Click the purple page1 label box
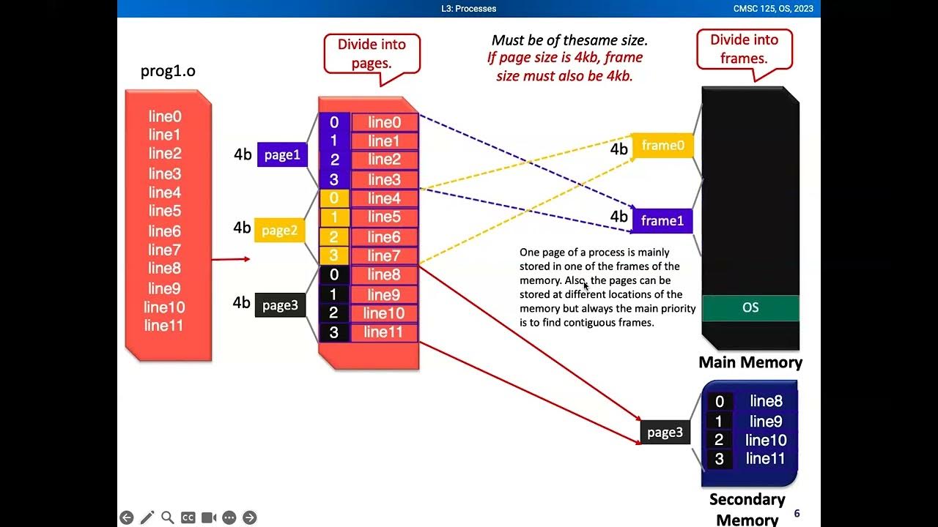click(282, 154)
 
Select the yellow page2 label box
click(279, 231)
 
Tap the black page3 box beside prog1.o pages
click(280, 305)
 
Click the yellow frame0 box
click(662, 146)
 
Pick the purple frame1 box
click(662, 221)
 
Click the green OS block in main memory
click(750, 307)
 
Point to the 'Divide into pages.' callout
click(372, 53)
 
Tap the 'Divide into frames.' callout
click(744, 49)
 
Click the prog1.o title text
click(168, 71)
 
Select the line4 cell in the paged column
click(384, 198)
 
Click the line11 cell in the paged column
click(384, 332)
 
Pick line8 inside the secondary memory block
click(766, 401)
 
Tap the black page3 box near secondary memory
click(665, 432)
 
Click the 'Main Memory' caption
click(750, 362)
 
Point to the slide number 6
click(797, 514)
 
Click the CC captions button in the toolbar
click(188, 517)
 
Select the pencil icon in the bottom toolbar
click(147, 517)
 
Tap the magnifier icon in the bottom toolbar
click(168, 517)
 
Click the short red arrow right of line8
click(230, 258)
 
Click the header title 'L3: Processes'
click(468, 9)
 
